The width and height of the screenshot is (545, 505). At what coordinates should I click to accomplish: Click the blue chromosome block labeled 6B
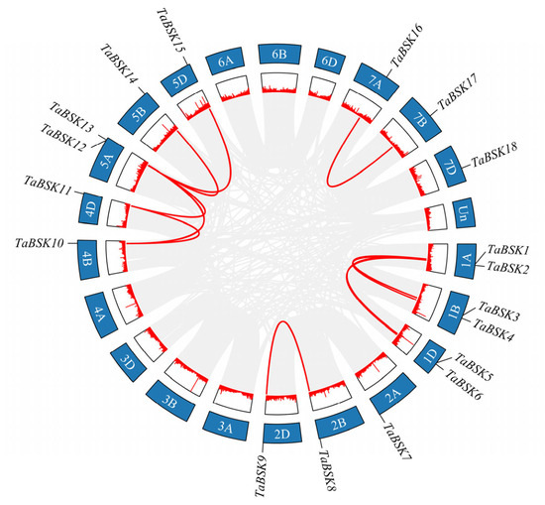[279, 55]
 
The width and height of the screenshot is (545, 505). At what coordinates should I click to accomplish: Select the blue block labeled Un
[465, 213]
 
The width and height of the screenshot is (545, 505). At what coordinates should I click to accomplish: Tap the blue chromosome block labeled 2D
[281, 434]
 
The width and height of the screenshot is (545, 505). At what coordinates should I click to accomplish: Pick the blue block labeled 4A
[101, 316]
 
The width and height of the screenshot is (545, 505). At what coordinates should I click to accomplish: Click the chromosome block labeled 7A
[376, 81]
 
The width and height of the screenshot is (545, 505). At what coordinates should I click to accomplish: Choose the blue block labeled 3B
[170, 400]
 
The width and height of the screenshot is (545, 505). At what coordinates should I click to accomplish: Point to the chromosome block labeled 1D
[430, 356]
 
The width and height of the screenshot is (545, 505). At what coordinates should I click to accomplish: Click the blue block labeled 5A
[107, 161]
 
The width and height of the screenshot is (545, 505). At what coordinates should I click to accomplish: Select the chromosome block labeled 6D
[330, 62]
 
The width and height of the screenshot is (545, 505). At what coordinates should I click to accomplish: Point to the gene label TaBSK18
[494, 155]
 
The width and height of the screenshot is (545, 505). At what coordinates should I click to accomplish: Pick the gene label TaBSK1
[508, 250]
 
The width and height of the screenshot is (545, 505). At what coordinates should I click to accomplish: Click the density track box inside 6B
[279, 82]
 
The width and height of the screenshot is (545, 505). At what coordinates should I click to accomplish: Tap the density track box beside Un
[436, 217]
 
